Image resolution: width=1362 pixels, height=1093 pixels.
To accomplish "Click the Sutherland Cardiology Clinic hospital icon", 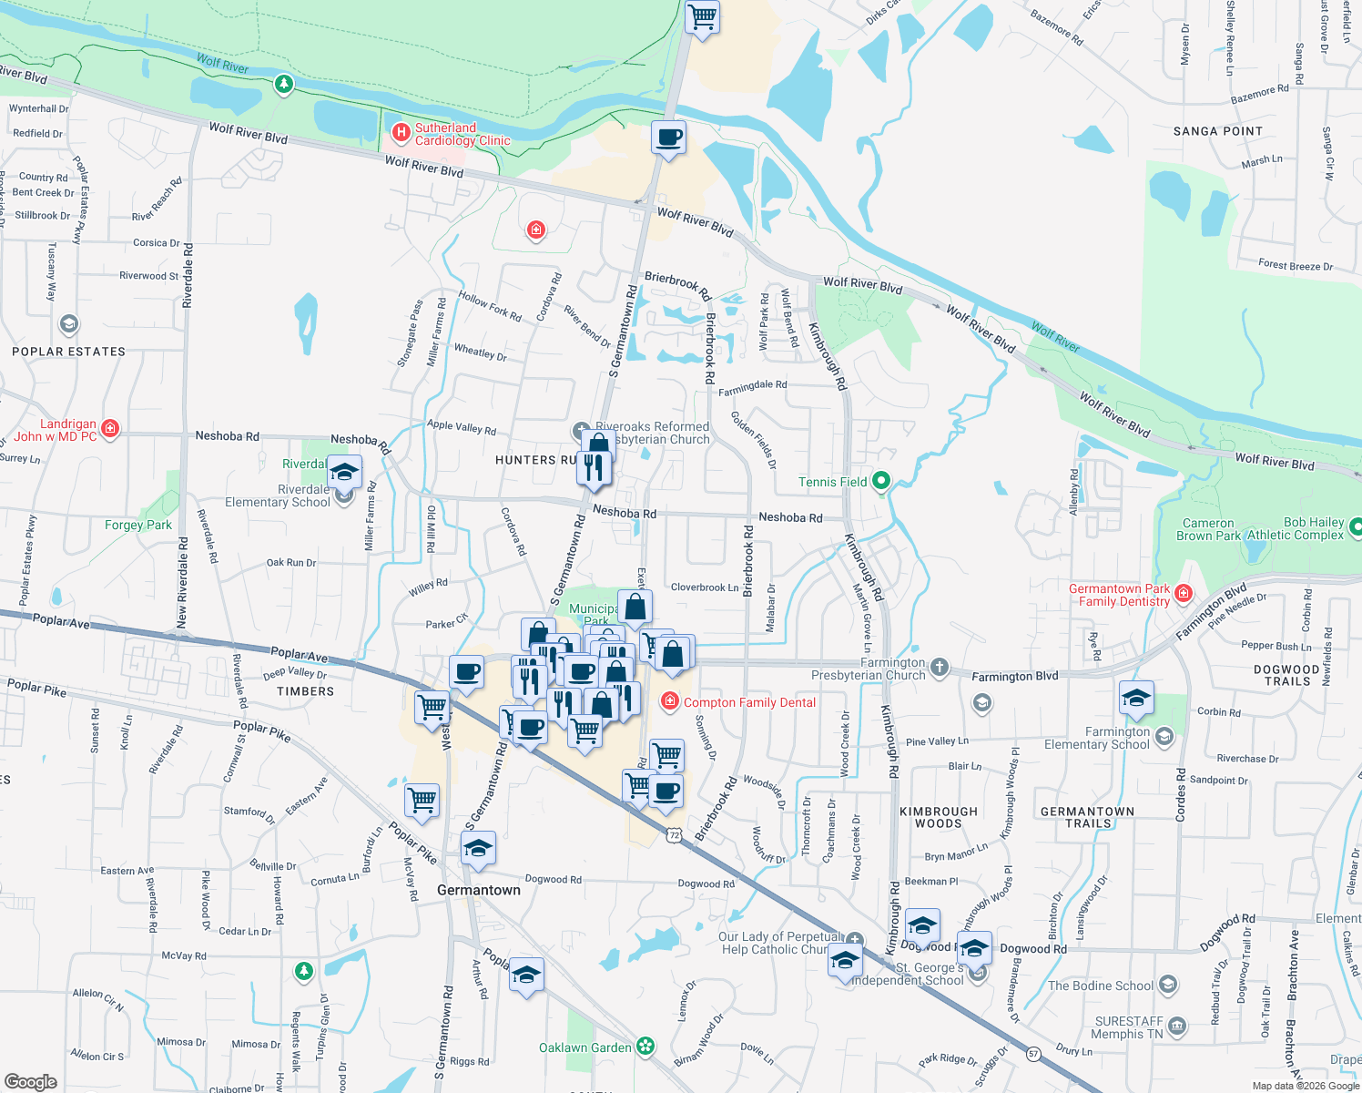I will [401, 134].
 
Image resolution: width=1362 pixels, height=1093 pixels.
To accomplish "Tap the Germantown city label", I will [479, 890].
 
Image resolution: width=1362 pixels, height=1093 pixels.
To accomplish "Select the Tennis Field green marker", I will [880, 481].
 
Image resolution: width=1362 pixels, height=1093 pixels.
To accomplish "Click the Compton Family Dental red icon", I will [670, 701].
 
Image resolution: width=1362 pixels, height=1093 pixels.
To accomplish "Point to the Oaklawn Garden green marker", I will [645, 1047].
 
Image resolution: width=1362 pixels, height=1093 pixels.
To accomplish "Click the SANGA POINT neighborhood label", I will [1217, 131].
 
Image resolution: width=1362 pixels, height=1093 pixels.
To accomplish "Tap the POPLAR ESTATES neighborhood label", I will [68, 352].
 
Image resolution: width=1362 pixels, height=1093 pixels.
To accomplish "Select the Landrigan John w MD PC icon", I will [110, 428].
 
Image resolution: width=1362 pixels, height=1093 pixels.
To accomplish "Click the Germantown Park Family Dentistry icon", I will [1183, 594].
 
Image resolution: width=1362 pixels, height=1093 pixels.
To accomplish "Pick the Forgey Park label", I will [137, 525].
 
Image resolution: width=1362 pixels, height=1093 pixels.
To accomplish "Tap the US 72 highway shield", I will [673, 834].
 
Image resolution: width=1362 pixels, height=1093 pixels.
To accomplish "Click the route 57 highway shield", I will [1033, 1054].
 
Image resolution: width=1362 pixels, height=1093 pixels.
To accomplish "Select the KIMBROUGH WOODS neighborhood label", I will [938, 817].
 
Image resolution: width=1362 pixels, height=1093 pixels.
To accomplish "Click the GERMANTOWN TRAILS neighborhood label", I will [1087, 817].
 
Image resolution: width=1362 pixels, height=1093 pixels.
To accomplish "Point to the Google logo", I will [31, 1081].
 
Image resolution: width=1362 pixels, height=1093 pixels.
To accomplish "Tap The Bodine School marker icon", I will [1168, 986].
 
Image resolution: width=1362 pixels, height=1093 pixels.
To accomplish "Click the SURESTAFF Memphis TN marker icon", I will [1176, 1027].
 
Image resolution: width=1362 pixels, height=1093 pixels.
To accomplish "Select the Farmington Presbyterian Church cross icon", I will [939, 668].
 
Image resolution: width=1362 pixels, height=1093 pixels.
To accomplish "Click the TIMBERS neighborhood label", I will [305, 691].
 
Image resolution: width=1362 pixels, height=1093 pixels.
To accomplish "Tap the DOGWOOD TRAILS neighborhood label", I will [1286, 675].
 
